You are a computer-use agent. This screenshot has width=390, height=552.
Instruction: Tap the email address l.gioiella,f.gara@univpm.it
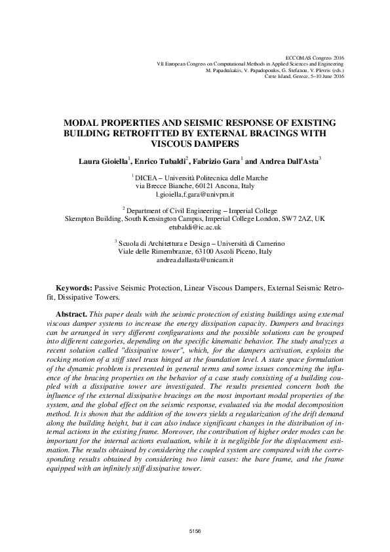click(x=195, y=195)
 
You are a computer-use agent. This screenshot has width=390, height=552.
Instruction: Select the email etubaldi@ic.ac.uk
click(x=195, y=227)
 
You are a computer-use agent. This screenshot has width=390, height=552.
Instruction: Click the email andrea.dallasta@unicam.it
click(x=195, y=260)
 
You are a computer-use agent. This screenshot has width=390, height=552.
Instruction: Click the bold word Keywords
click(x=73, y=288)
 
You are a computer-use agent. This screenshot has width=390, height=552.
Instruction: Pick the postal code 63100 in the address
click(x=211, y=251)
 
